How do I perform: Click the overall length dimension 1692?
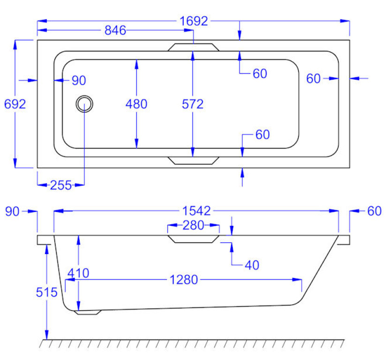pyautogui.click(x=193, y=21)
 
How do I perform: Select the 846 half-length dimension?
pyautogui.click(x=115, y=31)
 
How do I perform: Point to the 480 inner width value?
pyautogui.click(x=136, y=104)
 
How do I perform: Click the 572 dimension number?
pyautogui.click(x=193, y=104)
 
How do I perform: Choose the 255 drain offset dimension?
pyautogui.click(x=61, y=185)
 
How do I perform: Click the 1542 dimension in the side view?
pyautogui.click(x=196, y=211)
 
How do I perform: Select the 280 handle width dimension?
pyautogui.click(x=193, y=226)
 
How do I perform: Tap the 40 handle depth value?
pyautogui.click(x=252, y=265)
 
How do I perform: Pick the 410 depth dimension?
pyautogui.click(x=78, y=273)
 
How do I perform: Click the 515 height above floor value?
pyautogui.click(x=47, y=292)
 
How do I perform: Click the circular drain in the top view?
pyautogui.click(x=85, y=104)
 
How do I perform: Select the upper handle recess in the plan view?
pyautogui.click(x=193, y=47)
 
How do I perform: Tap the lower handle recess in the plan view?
pyautogui.click(x=193, y=160)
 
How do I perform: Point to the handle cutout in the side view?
pyautogui.click(x=193, y=239)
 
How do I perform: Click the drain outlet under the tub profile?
pyautogui.click(x=89, y=312)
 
